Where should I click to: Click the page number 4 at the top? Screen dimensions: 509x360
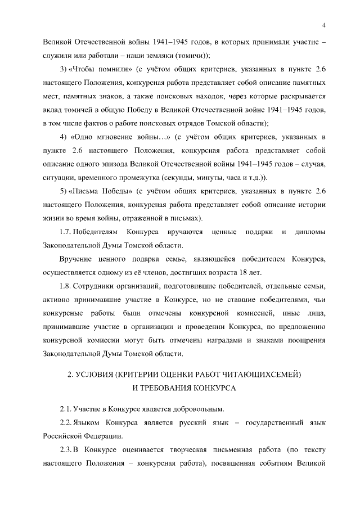(325, 24)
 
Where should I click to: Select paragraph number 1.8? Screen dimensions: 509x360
(66, 286)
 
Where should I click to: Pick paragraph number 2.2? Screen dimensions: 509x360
(66, 422)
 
